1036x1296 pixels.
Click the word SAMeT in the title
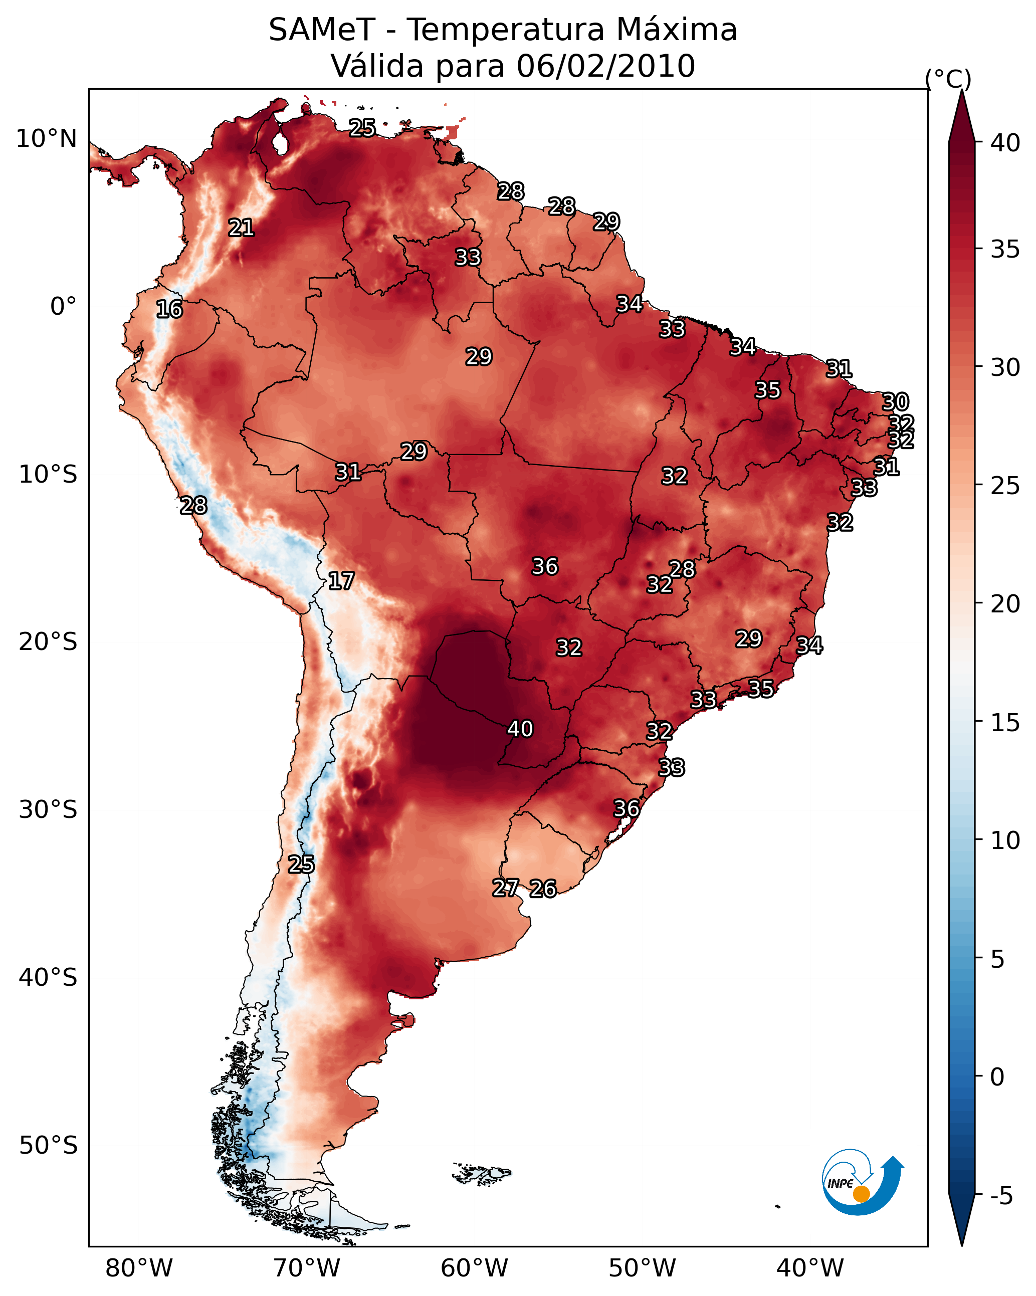coord(322,30)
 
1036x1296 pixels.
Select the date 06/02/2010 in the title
coord(605,66)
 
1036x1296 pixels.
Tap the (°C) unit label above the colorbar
coord(948,79)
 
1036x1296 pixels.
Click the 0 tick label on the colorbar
coord(997,1077)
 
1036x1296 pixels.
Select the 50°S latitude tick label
coord(48,1146)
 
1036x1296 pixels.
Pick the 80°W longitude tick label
coord(139,1268)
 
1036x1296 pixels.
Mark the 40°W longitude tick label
coord(810,1268)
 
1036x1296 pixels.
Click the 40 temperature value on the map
coord(520,729)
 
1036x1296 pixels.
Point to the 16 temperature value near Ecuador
coord(169,309)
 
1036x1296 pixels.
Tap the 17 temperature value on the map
coord(341,581)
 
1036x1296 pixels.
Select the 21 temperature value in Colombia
coord(241,227)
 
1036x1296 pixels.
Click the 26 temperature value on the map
coord(543,889)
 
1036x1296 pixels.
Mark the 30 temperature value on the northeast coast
coord(895,401)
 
